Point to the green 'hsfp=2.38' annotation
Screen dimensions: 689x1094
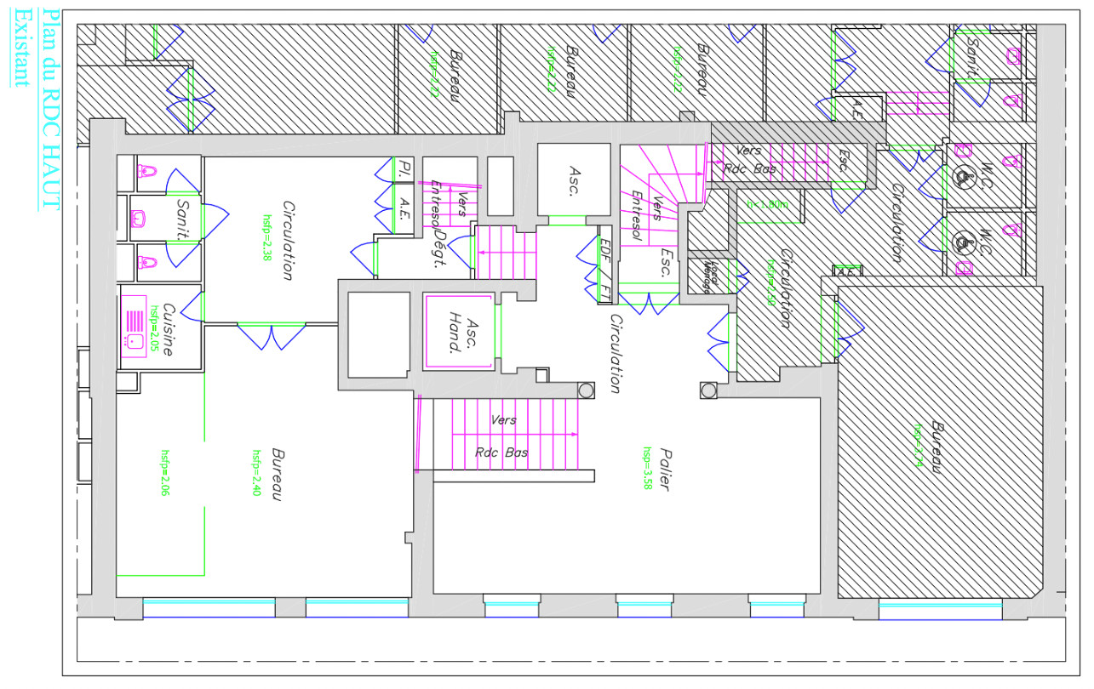coord(266,242)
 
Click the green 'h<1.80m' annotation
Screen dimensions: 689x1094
coord(766,204)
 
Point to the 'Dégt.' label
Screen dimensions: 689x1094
coord(441,249)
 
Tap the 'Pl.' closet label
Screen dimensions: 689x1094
coord(405,168)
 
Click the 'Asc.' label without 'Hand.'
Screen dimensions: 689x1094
coord(574,180)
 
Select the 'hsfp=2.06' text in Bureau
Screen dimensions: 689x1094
coord(164,473)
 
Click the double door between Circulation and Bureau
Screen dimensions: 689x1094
coord(270,335)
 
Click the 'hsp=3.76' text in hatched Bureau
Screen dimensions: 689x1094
coord(918,446)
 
